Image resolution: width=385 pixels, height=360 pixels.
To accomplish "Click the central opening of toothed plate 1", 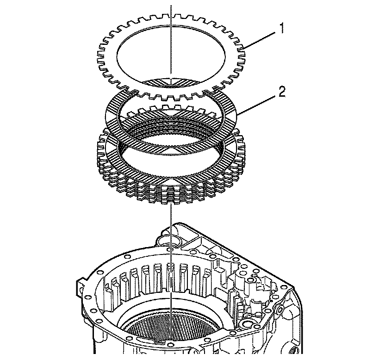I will tap(171, 56).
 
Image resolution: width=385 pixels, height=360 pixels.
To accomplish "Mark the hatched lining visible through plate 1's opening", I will tap(171, 82).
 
